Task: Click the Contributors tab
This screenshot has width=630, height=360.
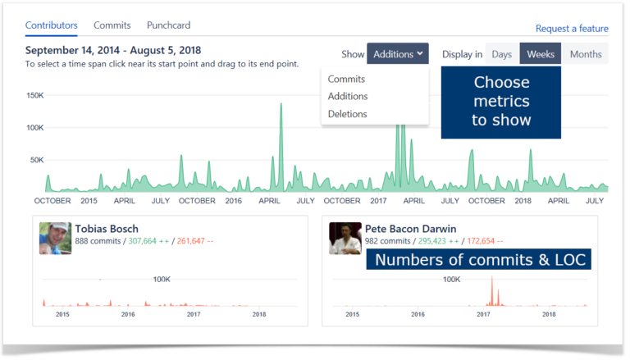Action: [51, 25]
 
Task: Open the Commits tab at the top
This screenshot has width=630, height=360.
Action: [112, 25]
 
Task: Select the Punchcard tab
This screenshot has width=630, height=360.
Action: [169, 25]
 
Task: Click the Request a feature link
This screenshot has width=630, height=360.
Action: [572, 29]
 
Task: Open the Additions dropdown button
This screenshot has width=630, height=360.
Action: [397, 54]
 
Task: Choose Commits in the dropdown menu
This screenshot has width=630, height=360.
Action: [346, 80]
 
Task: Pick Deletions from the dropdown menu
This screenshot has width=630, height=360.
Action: [347, 114]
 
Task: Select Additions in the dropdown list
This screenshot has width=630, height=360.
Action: [348, 97]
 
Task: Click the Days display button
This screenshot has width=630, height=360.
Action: [502, 54]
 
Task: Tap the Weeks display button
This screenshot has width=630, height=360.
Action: [541, 54]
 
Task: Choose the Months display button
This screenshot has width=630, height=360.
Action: [585, 54]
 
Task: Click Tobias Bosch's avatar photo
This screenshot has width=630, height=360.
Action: [55, 238]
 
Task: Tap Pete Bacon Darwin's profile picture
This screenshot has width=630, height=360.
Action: [345, 238]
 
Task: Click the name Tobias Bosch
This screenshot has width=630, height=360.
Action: [107, 229]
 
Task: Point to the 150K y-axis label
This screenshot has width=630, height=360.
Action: [35, 96]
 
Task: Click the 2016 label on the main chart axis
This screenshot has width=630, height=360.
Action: [234, 200]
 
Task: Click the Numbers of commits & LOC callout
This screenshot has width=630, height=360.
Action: [478, 261]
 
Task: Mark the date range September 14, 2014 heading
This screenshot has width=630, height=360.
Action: [113, 50]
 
